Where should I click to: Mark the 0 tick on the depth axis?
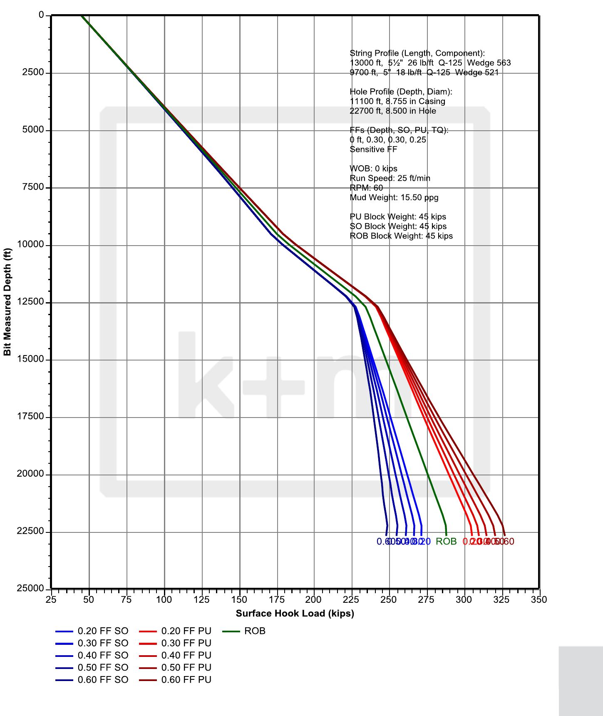(41, 15)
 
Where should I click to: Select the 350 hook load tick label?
(539, 599)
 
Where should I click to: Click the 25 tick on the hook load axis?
(51, 599)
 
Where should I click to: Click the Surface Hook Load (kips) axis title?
(295, 613)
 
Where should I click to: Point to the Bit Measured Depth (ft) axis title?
(7, 302)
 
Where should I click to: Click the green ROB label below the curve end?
(446, 542)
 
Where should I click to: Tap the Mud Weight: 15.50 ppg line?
(394, 197)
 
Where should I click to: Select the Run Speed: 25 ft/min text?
(390, 178)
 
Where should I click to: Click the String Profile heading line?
(417, 53)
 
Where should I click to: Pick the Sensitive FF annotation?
(373, 149)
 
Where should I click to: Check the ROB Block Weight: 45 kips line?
(401, 236)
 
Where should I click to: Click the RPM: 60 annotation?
(366, 188)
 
